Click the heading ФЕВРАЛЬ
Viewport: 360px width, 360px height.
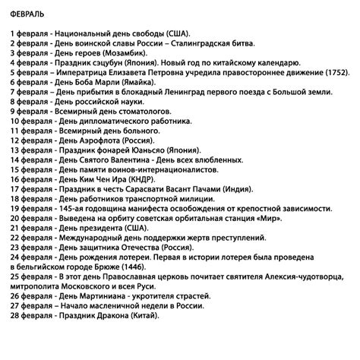pos(26,14)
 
